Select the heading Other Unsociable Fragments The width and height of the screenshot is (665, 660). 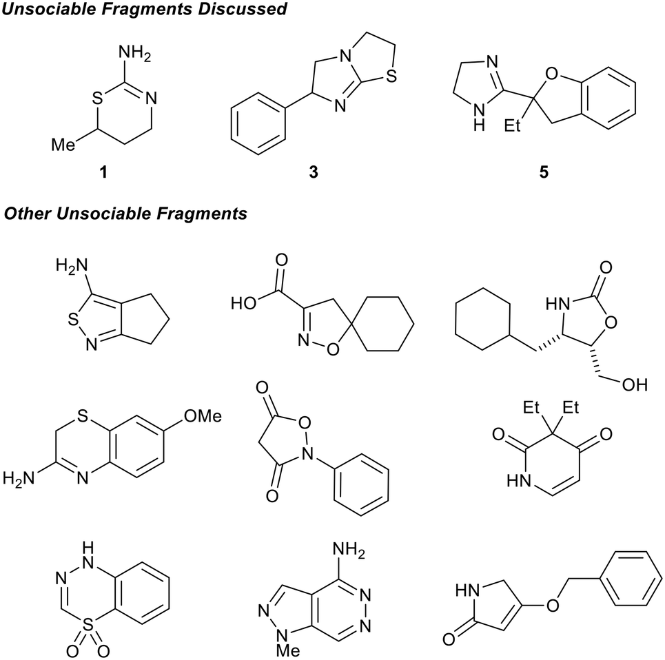(x=125, y=214)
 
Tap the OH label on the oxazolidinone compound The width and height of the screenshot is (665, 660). (x=636, y=384)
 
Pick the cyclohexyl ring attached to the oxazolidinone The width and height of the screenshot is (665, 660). (x=483, y=324)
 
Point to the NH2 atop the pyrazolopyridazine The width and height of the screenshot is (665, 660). (x=358, y=550)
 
